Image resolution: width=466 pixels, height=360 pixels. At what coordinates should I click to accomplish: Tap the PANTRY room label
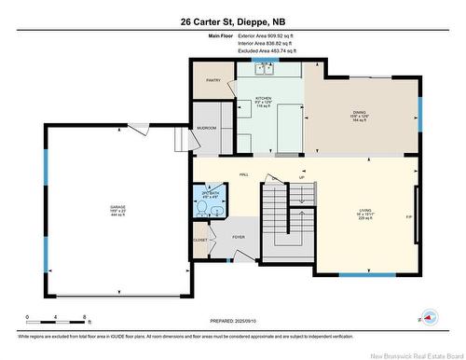(212, 81)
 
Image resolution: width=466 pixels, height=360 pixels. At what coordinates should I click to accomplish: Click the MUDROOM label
(206, 127)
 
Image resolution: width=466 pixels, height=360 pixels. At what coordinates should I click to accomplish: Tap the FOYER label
(239, 238)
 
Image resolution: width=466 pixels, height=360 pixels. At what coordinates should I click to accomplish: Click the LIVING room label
(365, 213)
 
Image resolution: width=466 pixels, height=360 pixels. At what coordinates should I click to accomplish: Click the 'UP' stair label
(302, 177)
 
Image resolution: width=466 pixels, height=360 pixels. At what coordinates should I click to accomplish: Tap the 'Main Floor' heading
(221, 36)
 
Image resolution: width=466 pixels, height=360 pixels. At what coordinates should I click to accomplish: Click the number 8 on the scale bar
(85, 318)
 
